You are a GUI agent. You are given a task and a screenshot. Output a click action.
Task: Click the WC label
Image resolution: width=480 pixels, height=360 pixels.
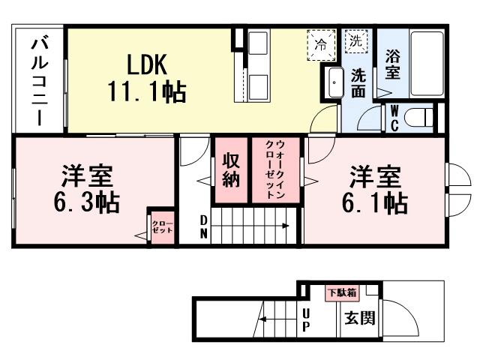click(x=393, y=118)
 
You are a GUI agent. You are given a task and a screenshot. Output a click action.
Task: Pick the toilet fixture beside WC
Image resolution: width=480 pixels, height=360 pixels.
click(x=421, y=118)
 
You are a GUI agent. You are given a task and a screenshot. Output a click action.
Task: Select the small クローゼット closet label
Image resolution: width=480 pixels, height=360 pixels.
click(x=162, y=227)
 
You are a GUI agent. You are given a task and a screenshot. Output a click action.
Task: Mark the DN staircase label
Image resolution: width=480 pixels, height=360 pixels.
click(x=204, y=226)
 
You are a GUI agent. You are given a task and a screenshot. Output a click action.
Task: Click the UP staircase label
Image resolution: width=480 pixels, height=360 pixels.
click(x=306, y=320)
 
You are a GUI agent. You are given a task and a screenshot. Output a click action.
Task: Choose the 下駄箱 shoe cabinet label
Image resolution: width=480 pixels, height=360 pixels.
click(x=341, y=292)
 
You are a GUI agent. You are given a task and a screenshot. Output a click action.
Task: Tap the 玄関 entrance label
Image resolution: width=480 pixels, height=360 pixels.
click(x=360, y=319)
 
